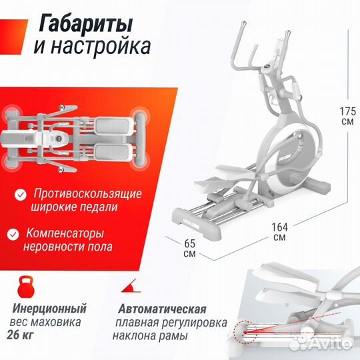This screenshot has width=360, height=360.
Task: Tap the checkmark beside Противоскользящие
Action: click(x=20, y=194)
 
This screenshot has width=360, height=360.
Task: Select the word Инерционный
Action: click(x=49, y=309)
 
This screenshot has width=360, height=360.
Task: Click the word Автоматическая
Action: click(x=163, y=309)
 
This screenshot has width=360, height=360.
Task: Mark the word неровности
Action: click(x=57, y=247)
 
